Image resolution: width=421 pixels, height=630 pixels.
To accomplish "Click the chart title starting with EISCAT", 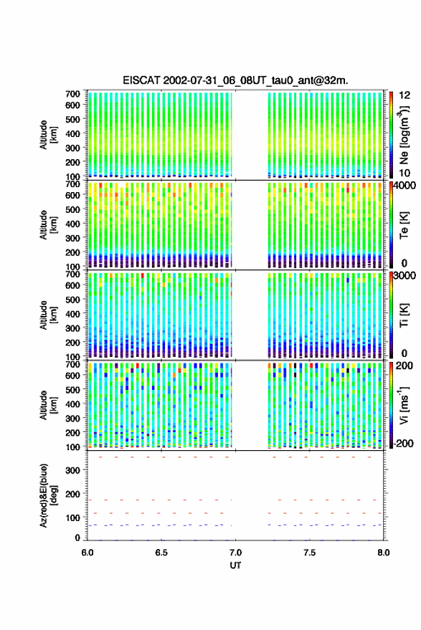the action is click(235, 80).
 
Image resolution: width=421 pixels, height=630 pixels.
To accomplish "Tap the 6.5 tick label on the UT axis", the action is click(161, 553).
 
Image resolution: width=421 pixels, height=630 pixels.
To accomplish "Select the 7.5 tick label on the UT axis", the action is click(309, 553).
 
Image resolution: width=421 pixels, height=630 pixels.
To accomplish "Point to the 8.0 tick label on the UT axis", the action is click(383, 553).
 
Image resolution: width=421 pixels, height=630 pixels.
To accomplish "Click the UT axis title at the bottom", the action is click(235, 565).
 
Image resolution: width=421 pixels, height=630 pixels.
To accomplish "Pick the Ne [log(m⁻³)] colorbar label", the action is click(404, 135).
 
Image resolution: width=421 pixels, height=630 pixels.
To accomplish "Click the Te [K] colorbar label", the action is click(404, 225).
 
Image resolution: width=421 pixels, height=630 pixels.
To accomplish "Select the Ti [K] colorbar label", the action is click(404, 315).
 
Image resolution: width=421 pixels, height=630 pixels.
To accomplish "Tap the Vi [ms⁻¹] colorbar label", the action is click(404, 405).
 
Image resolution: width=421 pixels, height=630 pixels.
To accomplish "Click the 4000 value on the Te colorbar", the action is click(405, 186).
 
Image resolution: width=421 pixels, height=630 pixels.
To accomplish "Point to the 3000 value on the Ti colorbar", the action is click(405, 276).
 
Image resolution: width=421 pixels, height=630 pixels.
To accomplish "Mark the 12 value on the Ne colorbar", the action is click(405, 95).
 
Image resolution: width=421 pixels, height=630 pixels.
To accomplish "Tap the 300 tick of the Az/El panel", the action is click(72, 470).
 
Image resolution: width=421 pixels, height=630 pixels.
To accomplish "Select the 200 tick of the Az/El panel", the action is click(72, 494).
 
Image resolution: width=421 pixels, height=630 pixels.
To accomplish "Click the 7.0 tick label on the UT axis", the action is click(235, 553).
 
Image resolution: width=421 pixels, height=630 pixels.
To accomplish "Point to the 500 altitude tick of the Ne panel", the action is click(72, 119).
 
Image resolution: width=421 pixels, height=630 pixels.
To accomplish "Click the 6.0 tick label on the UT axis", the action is click(87, 553).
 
